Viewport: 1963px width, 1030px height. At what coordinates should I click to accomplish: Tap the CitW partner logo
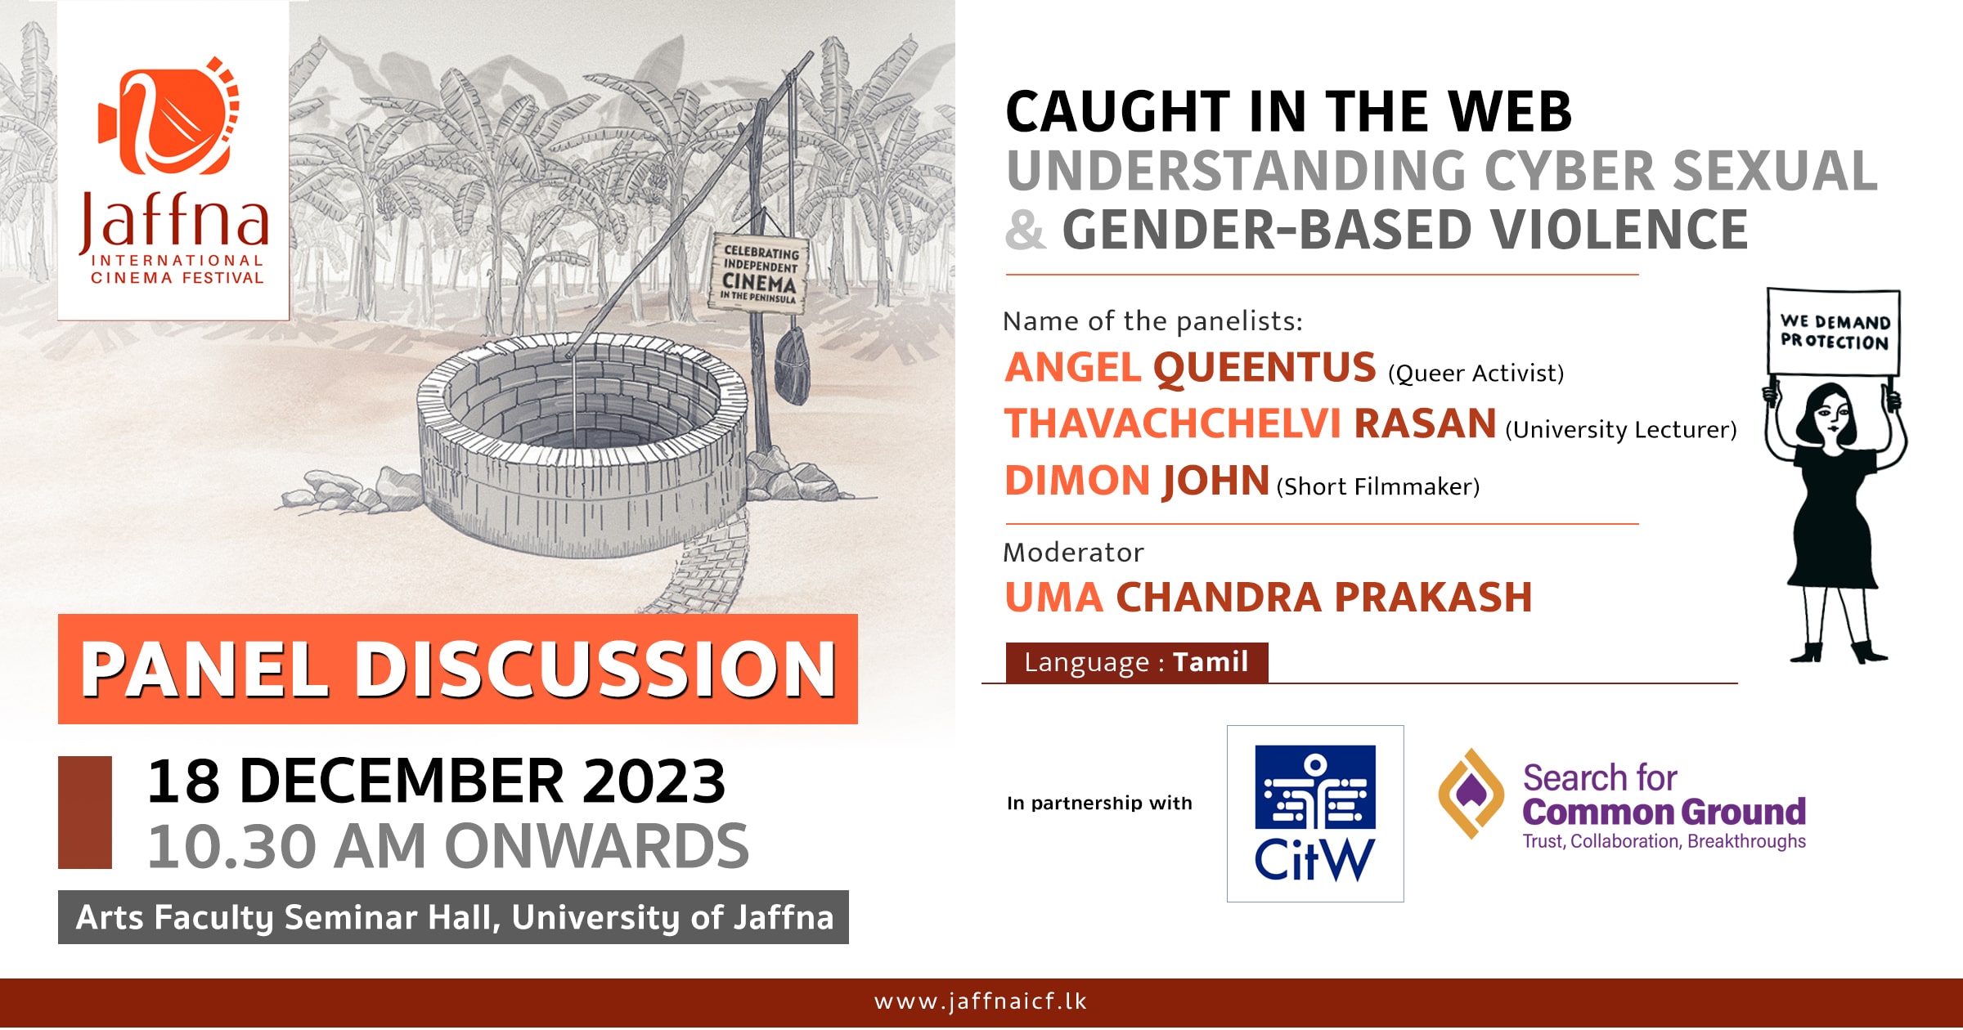1314,813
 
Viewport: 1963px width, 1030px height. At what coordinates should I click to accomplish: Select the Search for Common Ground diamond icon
1471,793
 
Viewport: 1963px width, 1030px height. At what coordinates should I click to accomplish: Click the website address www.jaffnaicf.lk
980,1001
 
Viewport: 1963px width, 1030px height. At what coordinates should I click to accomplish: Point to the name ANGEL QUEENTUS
1190,367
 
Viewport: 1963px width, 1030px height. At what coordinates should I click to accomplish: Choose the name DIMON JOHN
1137,481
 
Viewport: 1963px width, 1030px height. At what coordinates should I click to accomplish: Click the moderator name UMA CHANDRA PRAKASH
1268,598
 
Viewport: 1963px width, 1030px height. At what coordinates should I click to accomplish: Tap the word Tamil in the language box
1211,662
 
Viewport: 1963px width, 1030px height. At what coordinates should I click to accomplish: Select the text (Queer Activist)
1476,374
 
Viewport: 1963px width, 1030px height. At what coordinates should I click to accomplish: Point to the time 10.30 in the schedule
231,846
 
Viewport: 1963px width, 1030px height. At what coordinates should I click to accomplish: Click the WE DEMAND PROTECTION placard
1834,332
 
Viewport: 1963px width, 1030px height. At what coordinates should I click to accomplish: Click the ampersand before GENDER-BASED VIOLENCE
1025,230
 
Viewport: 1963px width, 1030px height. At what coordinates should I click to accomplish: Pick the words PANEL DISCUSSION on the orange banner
458,669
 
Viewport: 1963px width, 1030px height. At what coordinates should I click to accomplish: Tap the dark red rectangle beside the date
85,812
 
